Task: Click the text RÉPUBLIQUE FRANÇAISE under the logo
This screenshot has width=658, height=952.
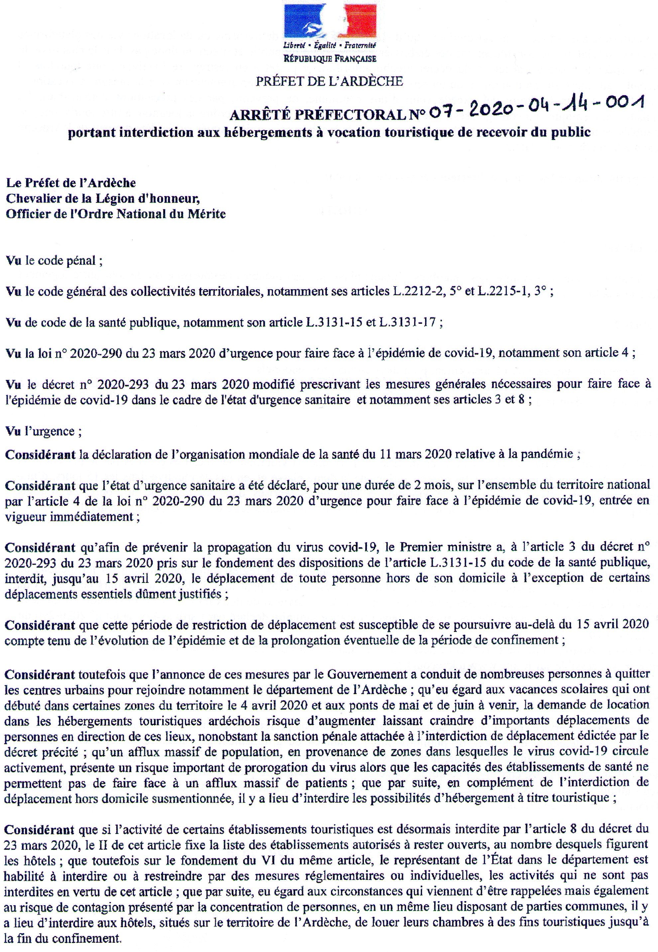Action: (329, 59)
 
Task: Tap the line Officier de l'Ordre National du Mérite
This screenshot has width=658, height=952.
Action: (115, 214)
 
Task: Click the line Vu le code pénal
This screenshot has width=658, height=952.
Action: (54, 261)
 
